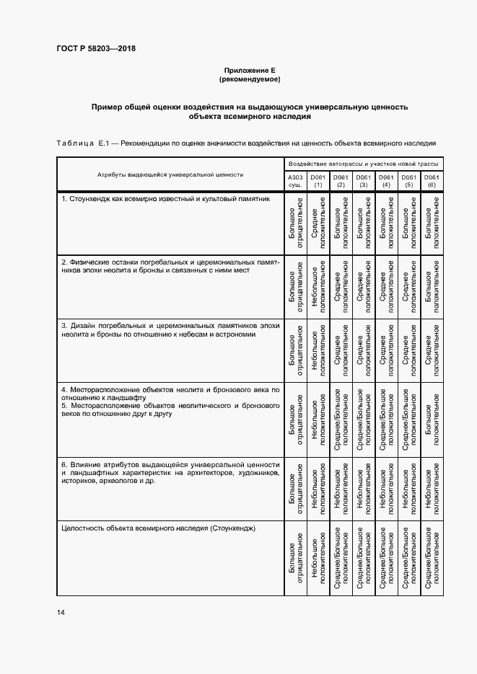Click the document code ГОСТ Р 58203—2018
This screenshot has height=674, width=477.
pos(96,49)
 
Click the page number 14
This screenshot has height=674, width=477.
pos(61,612)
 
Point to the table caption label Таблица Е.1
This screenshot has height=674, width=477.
pos(81,143)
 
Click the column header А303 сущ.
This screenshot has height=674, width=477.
pos(295,181)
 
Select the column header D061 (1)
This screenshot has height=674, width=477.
pos(318,181)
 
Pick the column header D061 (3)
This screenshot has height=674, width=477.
pos(364,181)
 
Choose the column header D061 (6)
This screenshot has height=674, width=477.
pos(432,181)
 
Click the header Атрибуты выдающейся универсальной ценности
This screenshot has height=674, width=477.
pos(170,174)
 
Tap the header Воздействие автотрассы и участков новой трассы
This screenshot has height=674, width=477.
pos(364,164)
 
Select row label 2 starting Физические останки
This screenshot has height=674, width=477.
pos(170,265)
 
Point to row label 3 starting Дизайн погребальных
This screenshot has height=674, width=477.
pos(170,330)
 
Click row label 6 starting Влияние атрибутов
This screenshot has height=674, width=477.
pos(170,471)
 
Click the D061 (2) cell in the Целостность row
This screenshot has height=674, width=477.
pos(341,560)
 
